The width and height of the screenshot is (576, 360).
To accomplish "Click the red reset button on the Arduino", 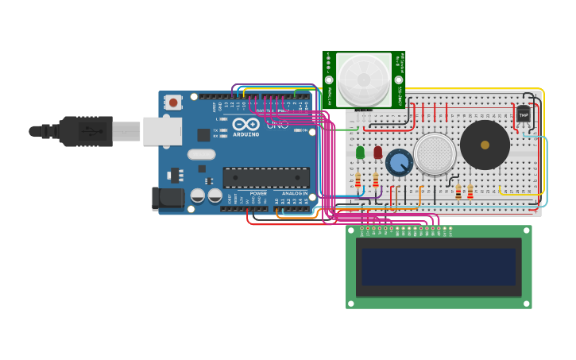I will point(172,102).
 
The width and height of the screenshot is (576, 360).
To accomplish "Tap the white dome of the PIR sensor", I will point(363,79).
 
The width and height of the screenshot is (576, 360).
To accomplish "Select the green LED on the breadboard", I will point(360,152).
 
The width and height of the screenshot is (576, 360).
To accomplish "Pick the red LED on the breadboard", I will point(377,152).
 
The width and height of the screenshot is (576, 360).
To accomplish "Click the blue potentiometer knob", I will point(400,163).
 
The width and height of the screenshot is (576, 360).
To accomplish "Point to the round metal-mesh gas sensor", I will point(435,153).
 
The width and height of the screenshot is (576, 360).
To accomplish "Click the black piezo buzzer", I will point(485,145).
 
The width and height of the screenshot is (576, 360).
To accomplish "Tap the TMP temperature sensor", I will point(523,114).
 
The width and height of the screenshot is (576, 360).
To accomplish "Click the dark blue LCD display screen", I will point(439,267).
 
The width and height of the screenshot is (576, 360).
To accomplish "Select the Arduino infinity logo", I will point(246,124).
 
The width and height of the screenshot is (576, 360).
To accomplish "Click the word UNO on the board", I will point(277,124).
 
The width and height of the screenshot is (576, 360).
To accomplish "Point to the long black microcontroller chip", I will point(266,177).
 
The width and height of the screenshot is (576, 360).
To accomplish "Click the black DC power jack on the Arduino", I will point(168,198).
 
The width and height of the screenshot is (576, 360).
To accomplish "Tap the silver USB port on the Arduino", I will point(162,131).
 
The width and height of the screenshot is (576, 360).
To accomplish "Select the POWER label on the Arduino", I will point(258,193).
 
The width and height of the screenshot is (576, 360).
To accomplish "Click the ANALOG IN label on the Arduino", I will point(294,193).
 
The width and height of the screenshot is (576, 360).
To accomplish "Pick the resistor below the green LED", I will point(358,180).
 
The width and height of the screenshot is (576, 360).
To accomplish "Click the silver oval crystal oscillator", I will point(202,154).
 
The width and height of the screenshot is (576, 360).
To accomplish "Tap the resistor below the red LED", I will point(376,180).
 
